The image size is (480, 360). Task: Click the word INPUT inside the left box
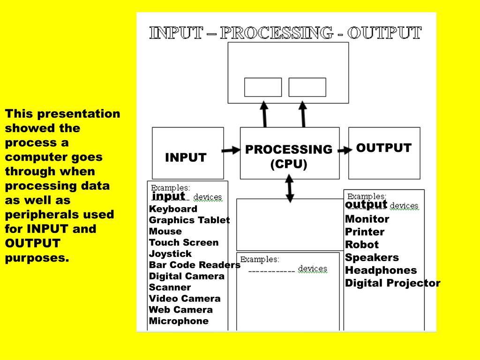186,158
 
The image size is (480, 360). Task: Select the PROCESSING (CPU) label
289,157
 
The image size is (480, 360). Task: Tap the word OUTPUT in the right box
383,148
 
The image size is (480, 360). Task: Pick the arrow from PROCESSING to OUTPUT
345,150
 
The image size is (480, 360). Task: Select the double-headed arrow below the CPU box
290,188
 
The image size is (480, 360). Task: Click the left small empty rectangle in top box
263,87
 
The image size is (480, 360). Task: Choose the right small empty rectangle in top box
307,87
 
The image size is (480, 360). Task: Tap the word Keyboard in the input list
173,209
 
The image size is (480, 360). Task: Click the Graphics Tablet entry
189,220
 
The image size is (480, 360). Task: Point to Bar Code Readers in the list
195,265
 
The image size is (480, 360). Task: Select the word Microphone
179,321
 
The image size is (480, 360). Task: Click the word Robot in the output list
361,245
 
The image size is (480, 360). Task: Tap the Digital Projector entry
392,283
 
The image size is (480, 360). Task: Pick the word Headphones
381,270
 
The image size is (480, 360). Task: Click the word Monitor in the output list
367,219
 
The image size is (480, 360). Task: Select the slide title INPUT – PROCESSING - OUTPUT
285,33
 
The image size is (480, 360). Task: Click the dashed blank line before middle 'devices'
271,271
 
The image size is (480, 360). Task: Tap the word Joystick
170,254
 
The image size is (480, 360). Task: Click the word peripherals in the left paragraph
36,215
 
